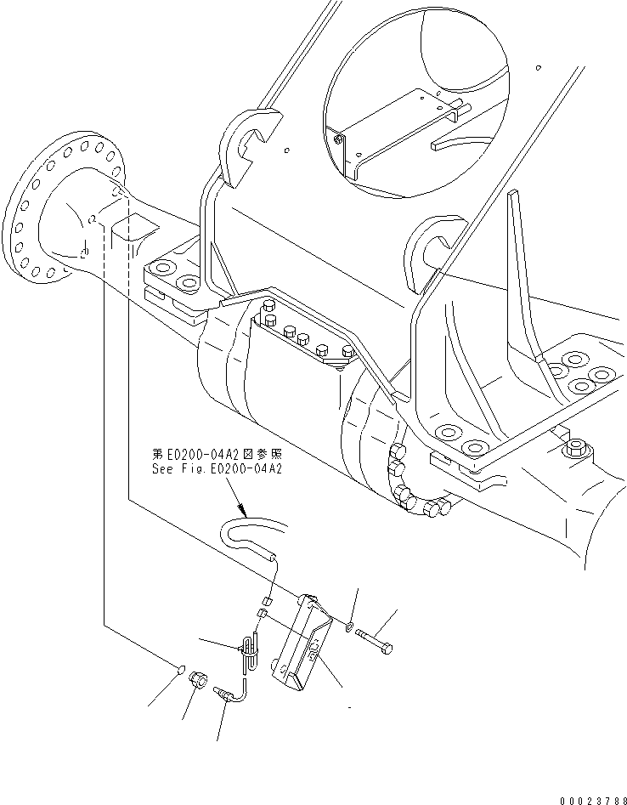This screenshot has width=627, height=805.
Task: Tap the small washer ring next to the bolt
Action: pyautogui.click(x=350, y=627)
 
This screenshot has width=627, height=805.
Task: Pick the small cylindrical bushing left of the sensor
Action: pyautogui.click(x=199, y=679)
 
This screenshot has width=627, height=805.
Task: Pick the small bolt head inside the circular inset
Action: pyautogui.click(x=338, y=139)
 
